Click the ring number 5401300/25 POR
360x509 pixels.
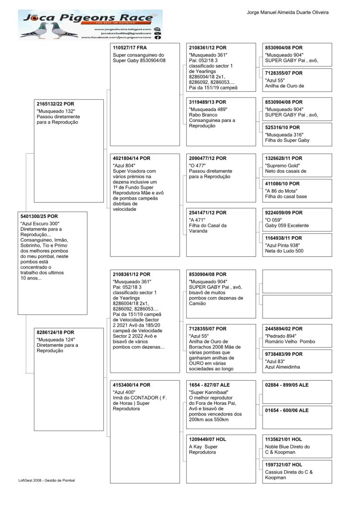coord(39,217)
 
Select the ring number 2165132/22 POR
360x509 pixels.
coord(56,104)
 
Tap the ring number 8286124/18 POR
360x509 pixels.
coord(56,332)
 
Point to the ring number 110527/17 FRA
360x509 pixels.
coord(130,48)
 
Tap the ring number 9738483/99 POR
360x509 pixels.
coord(284,354)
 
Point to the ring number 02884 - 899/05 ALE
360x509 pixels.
coord(287,385)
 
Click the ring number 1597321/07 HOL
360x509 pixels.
coord(284,464)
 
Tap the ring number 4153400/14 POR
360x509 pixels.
coord(131,385)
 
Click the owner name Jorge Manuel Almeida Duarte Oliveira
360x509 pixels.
coord(288,12)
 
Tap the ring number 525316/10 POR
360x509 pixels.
coord(282,127)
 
